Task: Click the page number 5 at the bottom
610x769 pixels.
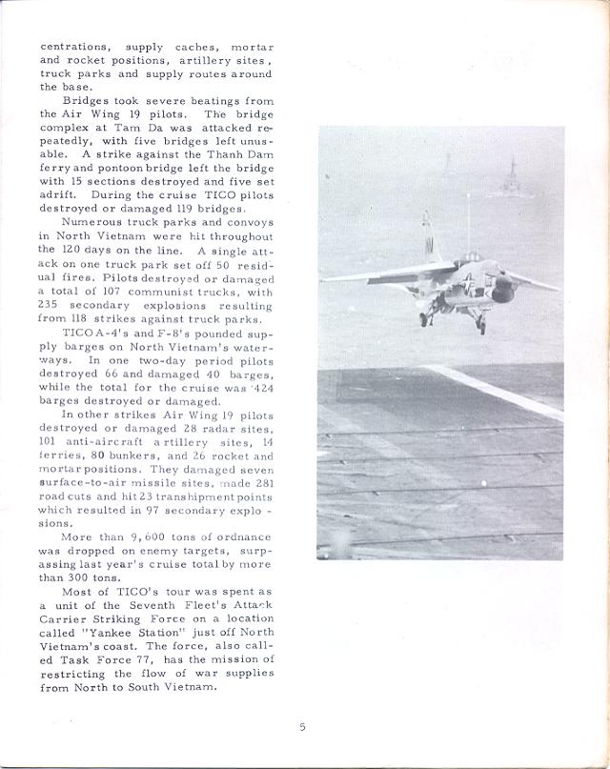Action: (302, 727)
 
